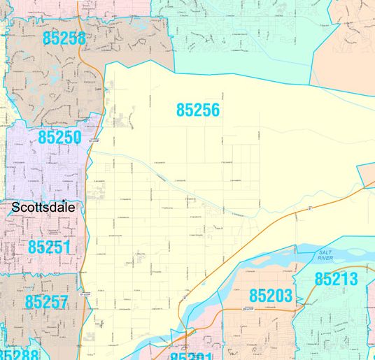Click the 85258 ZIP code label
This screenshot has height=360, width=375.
[64, 38]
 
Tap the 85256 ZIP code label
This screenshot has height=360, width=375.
[198, 110]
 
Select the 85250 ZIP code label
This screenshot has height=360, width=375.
[59, 137]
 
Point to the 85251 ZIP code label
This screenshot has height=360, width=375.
[50, 247]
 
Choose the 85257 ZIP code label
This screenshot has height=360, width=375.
[46, 302]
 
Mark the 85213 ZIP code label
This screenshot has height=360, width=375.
[336, 280]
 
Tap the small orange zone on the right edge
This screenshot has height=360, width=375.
[367, 174]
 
